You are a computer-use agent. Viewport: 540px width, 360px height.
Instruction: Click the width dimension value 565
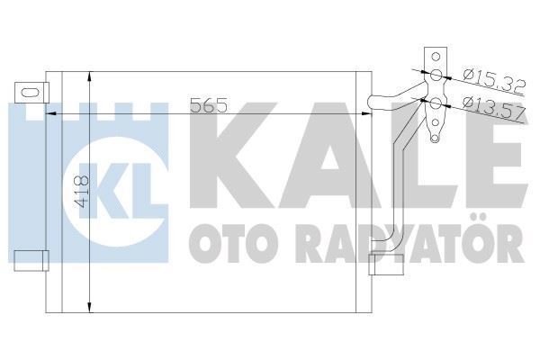(211, 104)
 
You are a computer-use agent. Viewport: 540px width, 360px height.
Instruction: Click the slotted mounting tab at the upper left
(30, 91)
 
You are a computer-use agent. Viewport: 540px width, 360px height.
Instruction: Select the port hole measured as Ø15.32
(436, 76)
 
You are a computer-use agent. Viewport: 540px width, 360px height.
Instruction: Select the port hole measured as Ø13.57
(436, 103)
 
